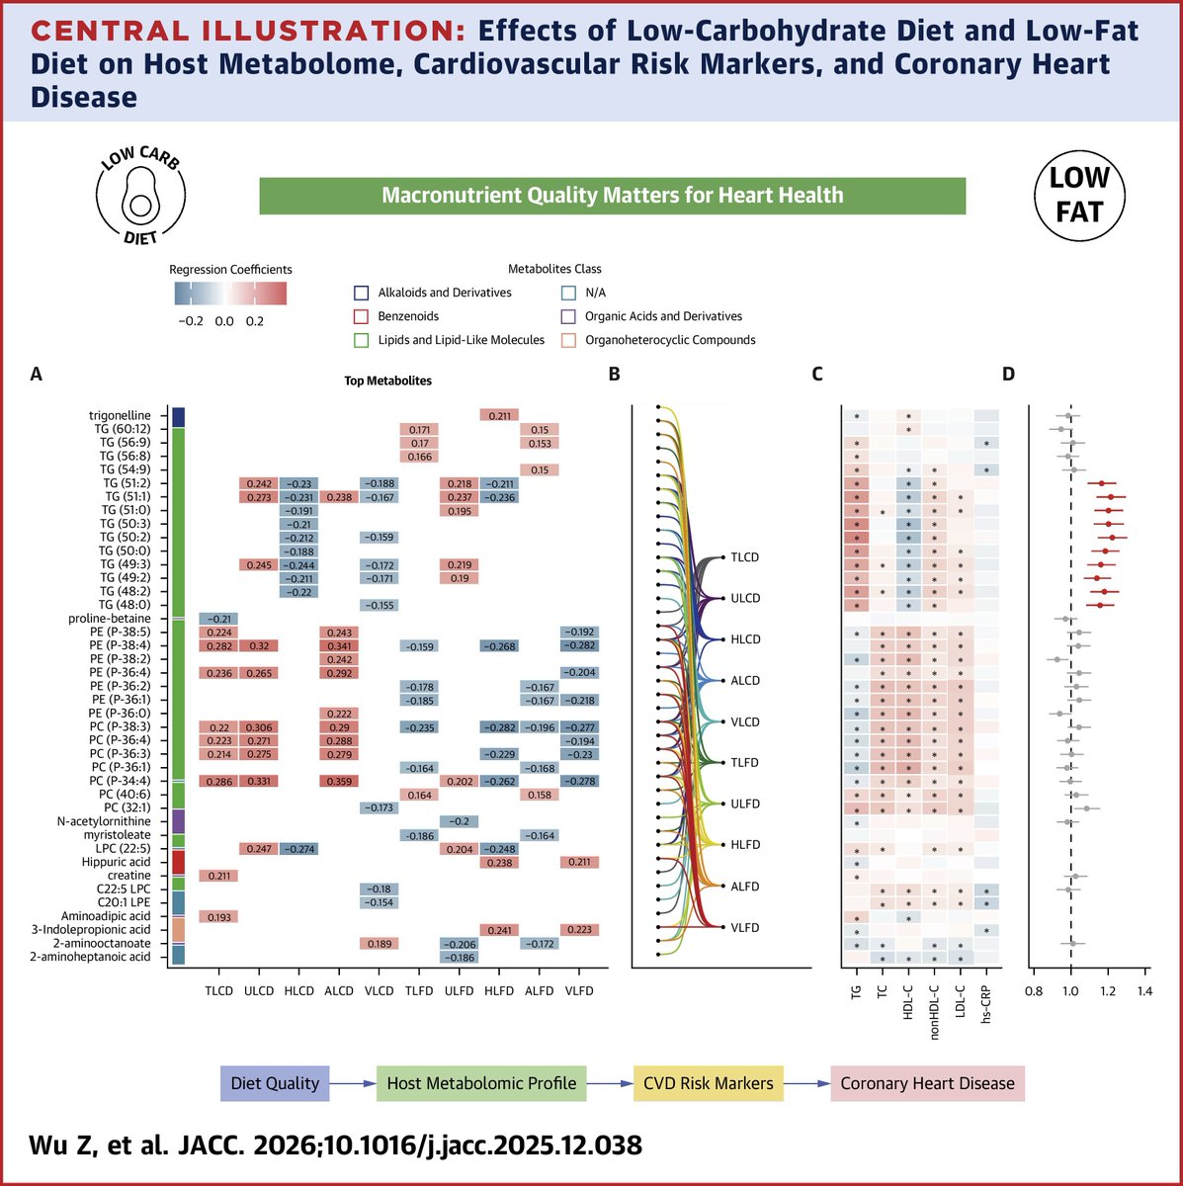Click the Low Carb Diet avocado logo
point(139,195)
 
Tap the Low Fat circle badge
point(1079,195)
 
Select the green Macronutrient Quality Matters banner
point(612,196)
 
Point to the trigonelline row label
point(119,415)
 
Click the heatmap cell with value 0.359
point(339,781)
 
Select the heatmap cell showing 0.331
point(259,781)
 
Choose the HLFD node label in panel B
point(746,845)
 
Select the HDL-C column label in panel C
point(908,1002)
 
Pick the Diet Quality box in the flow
point(275,1083)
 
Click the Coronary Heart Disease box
point(927,1083)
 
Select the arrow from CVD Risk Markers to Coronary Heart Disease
point(807,1083)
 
